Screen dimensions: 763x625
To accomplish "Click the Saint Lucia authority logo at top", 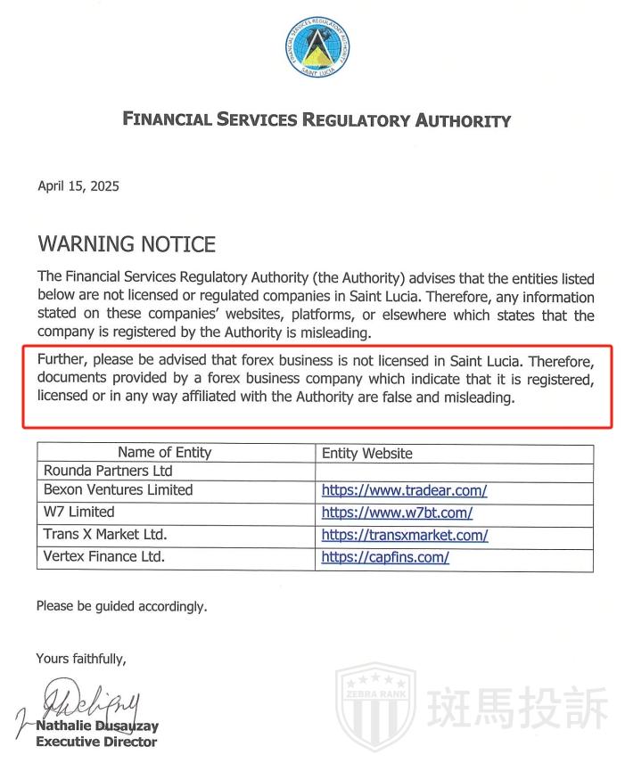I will [x=317, y=46].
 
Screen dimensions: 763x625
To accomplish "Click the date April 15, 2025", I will [x=78, y=186].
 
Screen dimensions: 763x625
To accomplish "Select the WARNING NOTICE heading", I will [x=127, y=243].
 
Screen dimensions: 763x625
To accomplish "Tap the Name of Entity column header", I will [x=165, y=453].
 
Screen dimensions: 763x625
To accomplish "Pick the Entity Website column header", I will [x=367, y=453].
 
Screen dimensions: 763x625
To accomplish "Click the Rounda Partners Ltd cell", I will [x=108, y=471].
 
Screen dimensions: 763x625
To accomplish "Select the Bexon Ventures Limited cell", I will [x=118, y=489].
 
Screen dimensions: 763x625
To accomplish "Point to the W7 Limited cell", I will [x=79, y=512].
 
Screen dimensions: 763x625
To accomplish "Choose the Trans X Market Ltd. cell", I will [x=105, y=535].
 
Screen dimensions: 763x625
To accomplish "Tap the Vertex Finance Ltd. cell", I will [x=104, y=557].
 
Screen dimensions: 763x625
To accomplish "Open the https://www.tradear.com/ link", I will [x=404, y=490].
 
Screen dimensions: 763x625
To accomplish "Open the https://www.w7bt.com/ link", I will [x=397, y=513].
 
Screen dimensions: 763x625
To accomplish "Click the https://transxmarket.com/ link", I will [x=405, y=536].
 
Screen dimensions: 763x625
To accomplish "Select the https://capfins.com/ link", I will [x=385, y=558].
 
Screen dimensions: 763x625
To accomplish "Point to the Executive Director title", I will [x=96, y=742].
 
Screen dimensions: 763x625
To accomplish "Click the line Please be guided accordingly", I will [x=121, y=606].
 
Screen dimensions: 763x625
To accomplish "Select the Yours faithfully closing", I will [x=81, y=659].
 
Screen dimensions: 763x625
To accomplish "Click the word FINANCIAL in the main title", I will [x=166, y=119].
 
